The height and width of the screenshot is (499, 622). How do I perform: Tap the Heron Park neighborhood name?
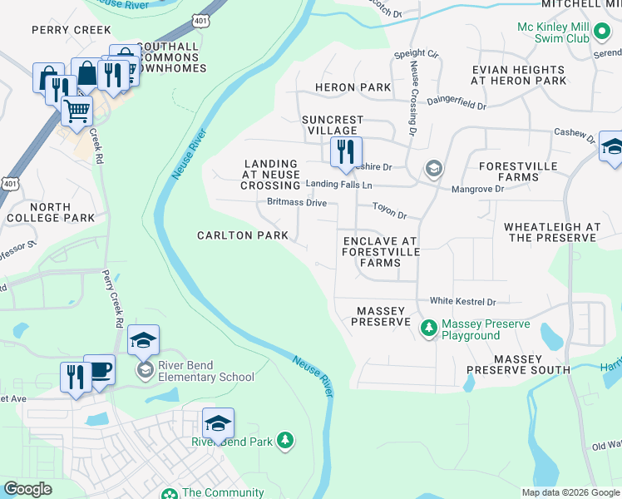coord(353,87)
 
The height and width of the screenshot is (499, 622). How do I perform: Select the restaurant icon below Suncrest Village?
coord(343,152)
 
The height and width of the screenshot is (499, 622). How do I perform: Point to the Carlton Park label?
coord(242,235)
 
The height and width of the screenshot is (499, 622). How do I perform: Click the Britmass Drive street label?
coord(297,202)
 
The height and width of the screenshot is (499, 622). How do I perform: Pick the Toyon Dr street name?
coord(388,215)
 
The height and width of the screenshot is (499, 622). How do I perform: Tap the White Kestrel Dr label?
coord(462,301)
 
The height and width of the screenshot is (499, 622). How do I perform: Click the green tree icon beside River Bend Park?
coord(285,440)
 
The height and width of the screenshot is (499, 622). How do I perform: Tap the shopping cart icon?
coord(77,110)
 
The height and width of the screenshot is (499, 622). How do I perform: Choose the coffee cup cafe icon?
coord(100,371)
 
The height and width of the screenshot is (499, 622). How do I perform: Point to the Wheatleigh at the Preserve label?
coord(551,232)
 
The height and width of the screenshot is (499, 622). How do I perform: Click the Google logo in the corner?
coord(27,489)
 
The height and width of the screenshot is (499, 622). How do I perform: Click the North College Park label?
coord(50,212)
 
